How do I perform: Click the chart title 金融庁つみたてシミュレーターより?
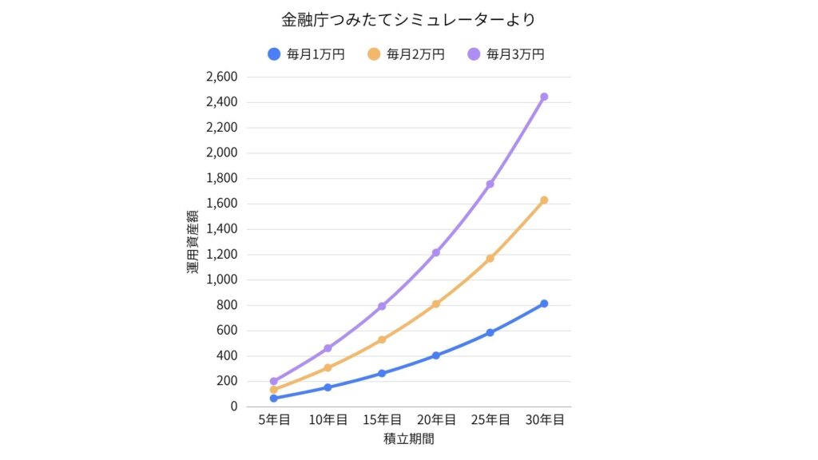pyautogui.click(x=409, y=19)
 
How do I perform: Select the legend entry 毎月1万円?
pyautogui.click(x=307, y=54)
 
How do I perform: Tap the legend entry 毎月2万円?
pyautogui.click(x=407, y=54)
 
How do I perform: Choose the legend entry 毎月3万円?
pyautogui.click(x=506, y=54)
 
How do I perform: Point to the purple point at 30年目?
pyautogui.click(x=544, y=97)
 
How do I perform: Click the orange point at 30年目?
pyautogui.click(x=544, y=200)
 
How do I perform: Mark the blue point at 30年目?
pyautogui.click(x=544, y=303)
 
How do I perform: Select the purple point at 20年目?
pyautogui.click(x=436, y=252)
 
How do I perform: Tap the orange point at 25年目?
pyautogui.click(x=490, y=258)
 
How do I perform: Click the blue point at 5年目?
pyautogui.click(x=274, y=398)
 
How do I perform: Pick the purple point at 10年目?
pyautogui.click(x=328, y=348)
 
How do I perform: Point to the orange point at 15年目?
pyautogui.click(x=382, y=339)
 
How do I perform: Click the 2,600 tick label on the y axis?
pyautogui.click(x=221, y=77)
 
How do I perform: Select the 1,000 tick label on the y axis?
pyautogui.click(x=221, y=280)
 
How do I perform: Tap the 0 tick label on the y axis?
pyautogui.click(x=233, y=406)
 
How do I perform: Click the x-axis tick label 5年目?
pyautogui.click(x=274, y=420)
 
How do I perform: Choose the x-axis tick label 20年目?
pyautogui.click(x=436, y=420)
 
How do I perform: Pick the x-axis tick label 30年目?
pyautogui.click(x=544, y=420)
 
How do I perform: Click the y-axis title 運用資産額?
pyautogui.click(x=193, y=242)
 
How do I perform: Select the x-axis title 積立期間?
pyautogui.click(x=409, y=438)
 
